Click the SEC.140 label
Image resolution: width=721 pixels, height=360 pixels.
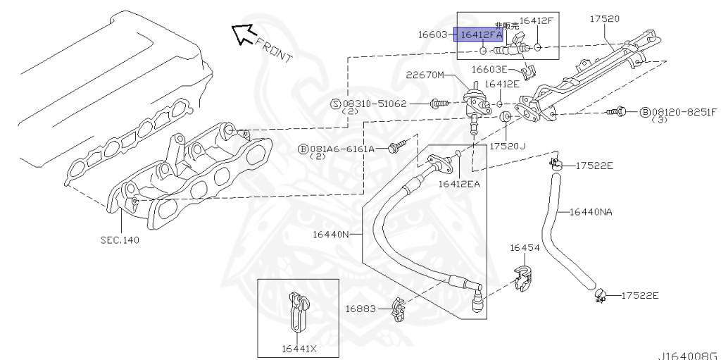click(x=119, y=240)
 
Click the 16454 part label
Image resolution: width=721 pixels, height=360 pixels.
click(x=525, y=248)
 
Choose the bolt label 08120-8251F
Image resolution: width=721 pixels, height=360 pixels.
click(x=683, y=112)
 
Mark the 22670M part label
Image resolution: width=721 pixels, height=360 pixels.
click(x=426, y=75)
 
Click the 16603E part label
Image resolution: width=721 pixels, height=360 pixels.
click(x=489, y=69)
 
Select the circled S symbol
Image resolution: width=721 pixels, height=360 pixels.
click(x=336, y=104)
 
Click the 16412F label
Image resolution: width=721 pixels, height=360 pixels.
click(x=537, y=21)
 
